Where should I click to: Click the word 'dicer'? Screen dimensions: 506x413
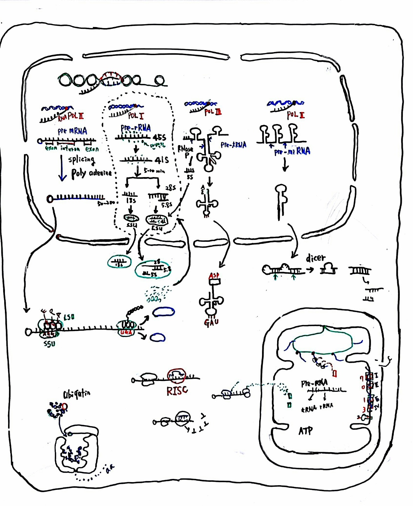315,258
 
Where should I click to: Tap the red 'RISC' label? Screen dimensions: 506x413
177,390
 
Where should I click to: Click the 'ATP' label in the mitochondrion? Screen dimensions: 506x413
306,431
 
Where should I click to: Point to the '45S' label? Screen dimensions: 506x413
159,137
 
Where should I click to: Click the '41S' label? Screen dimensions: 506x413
162,160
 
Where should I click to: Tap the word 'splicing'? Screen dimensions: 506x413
81,160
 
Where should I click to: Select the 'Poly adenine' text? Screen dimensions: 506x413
91,173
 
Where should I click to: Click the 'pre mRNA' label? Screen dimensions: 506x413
72,131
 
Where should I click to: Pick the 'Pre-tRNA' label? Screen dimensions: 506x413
234,145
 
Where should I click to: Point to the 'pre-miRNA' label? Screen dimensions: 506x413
292,151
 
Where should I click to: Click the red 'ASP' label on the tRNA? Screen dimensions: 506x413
214,276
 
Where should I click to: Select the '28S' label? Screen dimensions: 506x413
170,188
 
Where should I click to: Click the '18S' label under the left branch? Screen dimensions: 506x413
131,201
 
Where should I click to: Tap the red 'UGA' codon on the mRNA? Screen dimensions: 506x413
126,332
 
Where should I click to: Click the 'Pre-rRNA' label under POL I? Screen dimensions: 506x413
136,128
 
